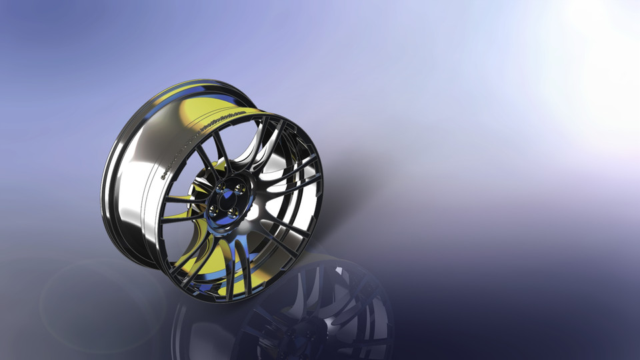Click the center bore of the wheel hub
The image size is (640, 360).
tap(227, 200)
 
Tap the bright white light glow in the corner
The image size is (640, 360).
tap(600, 27)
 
